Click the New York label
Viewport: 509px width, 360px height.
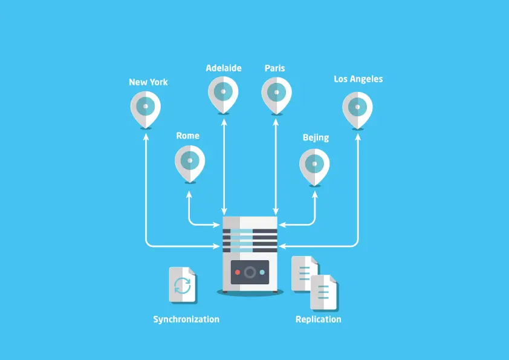(148, 82)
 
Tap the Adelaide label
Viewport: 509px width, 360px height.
(223, 68)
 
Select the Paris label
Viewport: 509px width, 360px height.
(274, 68)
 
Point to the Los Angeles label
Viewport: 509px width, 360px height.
(358, 79)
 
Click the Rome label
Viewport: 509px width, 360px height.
(187, 136)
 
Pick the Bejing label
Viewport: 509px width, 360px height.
(316, 137)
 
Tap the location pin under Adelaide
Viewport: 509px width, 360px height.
(223, 93)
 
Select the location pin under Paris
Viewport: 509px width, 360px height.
(276, 93)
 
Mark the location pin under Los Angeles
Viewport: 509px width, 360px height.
(357, 108)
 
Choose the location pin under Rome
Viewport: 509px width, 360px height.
(190, 161)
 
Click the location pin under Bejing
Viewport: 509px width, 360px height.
(315, 163)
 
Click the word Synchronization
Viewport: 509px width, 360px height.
(186, 319)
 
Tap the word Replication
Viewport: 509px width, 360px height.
(318, 319)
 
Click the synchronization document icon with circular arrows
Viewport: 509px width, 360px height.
(182, 284)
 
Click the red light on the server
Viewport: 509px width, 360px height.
(237, 272)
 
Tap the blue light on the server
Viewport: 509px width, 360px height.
(262, 272)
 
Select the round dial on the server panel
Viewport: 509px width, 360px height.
(250, 272)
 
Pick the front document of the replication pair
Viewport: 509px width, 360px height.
(323, 292)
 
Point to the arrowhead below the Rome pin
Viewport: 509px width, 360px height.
(190, 194)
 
